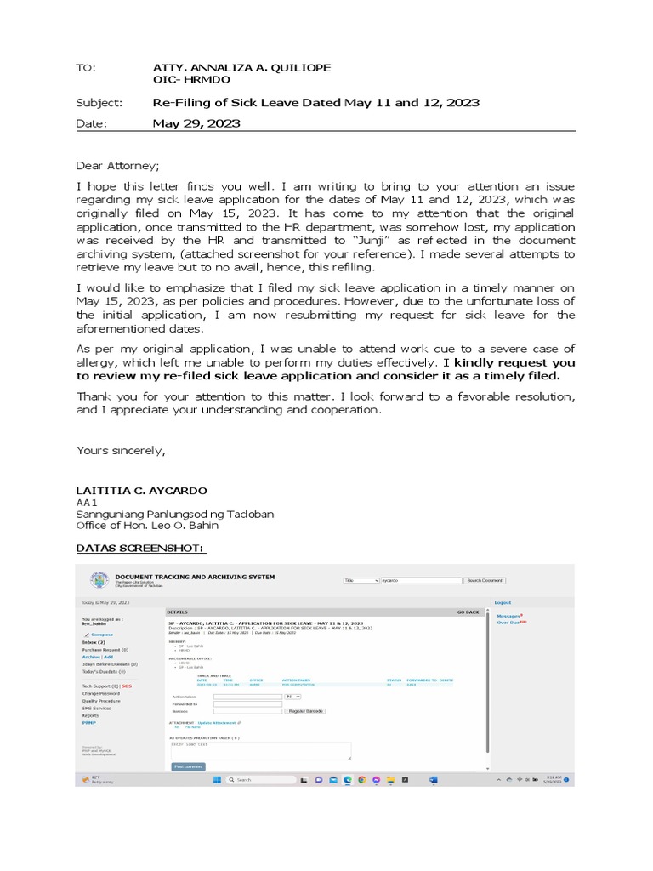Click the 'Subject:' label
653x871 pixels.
99,103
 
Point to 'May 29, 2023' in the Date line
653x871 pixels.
196,123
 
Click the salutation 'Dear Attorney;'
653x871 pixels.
117,166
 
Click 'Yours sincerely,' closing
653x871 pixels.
121,450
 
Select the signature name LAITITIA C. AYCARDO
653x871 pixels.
141,491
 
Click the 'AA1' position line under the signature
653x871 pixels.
88,503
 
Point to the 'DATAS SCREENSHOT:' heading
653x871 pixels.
142,548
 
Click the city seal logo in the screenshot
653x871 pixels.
99,580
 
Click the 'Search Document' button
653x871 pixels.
485,580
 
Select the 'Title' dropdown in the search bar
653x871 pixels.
361,580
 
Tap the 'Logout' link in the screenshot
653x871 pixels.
503,602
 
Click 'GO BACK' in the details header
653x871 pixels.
468,612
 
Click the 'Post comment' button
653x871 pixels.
188,766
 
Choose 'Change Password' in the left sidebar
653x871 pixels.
100,693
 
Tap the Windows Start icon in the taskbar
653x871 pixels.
216,779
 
